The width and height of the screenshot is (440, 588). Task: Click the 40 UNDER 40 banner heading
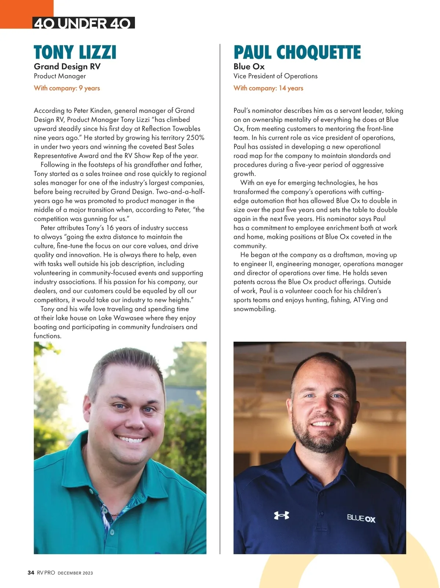[x=83, y=23]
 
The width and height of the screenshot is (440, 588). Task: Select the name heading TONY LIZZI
[x=75, y=52]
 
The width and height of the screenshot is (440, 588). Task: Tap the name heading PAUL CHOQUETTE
[x=297, y=52]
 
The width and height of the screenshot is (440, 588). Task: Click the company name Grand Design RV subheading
[x=67, y=67]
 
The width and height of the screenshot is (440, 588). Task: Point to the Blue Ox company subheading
[x=249, y=67]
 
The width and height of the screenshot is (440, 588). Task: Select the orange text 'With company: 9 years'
[x=67, y=88]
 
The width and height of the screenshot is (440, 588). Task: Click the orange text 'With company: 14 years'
[x=268, y=88]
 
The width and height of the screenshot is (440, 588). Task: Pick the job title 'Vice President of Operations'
[x=275, y=76]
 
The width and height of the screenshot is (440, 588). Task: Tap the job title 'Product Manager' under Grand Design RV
[x=60, y=76]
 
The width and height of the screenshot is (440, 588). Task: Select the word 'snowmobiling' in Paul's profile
[x=254, y=309]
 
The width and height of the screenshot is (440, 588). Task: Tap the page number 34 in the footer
[x=31, y=573]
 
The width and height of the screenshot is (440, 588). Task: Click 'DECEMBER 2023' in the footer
[x=75, y=573]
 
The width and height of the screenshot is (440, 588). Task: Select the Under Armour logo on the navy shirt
[x=282, y=515]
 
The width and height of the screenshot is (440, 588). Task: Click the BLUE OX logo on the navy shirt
[x=361, y=518]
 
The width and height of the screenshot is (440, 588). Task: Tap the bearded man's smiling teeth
[x=322, y=424]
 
